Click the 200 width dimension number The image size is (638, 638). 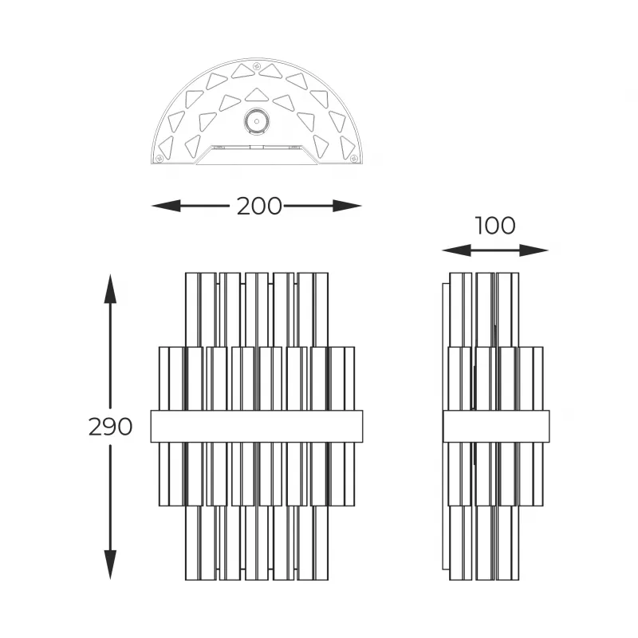point(259,206)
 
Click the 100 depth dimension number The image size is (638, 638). point(495,226)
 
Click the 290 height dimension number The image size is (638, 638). point(110,427)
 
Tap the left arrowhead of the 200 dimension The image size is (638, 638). point(166,206)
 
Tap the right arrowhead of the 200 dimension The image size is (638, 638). point(348,206)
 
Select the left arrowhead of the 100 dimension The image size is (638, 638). point(456,250)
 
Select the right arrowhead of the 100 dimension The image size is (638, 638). point(534,250)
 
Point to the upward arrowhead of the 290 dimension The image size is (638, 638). point(110,289)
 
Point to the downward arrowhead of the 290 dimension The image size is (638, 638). point(110,565)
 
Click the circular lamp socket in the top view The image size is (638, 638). point(256,121)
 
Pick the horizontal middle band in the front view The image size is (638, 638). point(257,427)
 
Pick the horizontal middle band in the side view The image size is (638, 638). point(496,427)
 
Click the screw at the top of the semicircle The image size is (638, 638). point(256,66)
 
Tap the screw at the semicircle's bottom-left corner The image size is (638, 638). point(159,158)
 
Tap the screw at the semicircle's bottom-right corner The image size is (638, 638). point(353,158)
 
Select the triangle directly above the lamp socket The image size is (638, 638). point(256,96)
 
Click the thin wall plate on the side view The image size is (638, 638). point(446,427)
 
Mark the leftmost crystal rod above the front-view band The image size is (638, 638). point(163,379)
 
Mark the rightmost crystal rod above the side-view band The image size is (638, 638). point(538,379)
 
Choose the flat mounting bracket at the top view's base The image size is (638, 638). point(256,155)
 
